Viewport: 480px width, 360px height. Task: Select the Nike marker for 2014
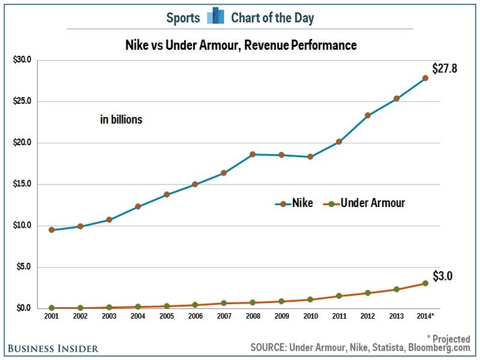[x=425, y=78]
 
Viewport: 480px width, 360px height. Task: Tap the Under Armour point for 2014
[x=425, y=283]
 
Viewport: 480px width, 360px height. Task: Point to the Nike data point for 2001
[x=52, y=229]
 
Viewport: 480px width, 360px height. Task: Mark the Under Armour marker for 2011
[x=338, y=296]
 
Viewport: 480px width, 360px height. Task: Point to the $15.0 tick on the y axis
[x=22, y=185]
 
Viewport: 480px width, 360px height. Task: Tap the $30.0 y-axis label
[x=22, y=60]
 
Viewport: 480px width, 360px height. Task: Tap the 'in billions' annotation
[x=121, y=120]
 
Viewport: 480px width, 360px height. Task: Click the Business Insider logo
[x=53, y=348]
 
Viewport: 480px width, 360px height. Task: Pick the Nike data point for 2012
[x=368, y=115]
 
